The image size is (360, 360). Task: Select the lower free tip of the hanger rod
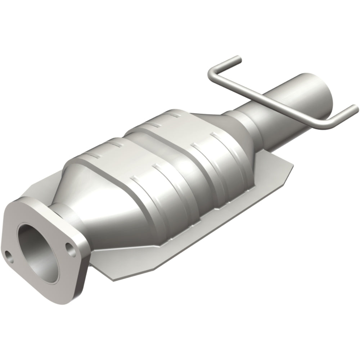click(355, 108)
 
